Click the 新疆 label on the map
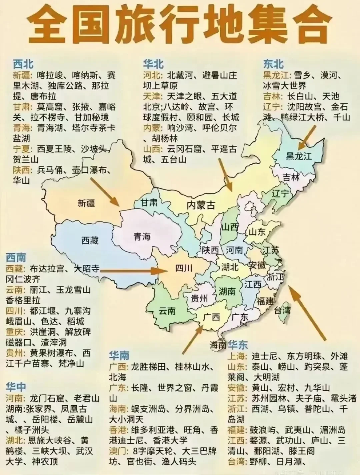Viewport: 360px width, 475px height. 86,203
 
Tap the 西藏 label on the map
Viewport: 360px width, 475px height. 90,240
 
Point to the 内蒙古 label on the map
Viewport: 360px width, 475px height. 201,205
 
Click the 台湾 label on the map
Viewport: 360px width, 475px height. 282,311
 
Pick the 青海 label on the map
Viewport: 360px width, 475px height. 142,237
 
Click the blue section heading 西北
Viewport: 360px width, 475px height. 23,64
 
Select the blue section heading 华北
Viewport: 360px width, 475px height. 153,64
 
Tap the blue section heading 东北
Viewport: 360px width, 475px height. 273,64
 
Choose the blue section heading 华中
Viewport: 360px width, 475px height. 16,387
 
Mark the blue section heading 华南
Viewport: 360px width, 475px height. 119,356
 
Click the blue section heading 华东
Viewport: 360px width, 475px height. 238,345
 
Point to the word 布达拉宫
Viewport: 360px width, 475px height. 47,269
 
